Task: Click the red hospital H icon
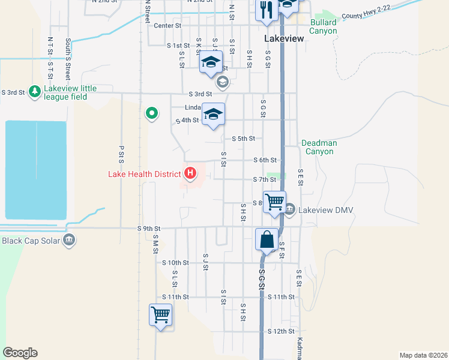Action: pos(191,175)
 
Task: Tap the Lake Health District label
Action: pos(144,175)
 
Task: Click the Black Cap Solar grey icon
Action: pos(70,240)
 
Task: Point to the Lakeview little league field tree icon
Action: pos(35,91)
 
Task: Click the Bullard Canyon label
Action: pos(324,27)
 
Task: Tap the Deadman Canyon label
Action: pos(319,147)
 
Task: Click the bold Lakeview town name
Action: pos(285,38)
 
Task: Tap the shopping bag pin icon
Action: pos(267,240)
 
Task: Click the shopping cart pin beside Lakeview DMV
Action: pos(274,201)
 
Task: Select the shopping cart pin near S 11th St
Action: pos(160,314)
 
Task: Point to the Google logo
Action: pos(19,353)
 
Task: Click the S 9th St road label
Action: pos(149,229)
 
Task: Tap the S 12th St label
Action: pos(282,331)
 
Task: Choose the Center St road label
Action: pos(167,26)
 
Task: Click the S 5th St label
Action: pos(243,139)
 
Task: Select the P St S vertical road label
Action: pos(121,154)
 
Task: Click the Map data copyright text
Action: pos(423,355)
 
